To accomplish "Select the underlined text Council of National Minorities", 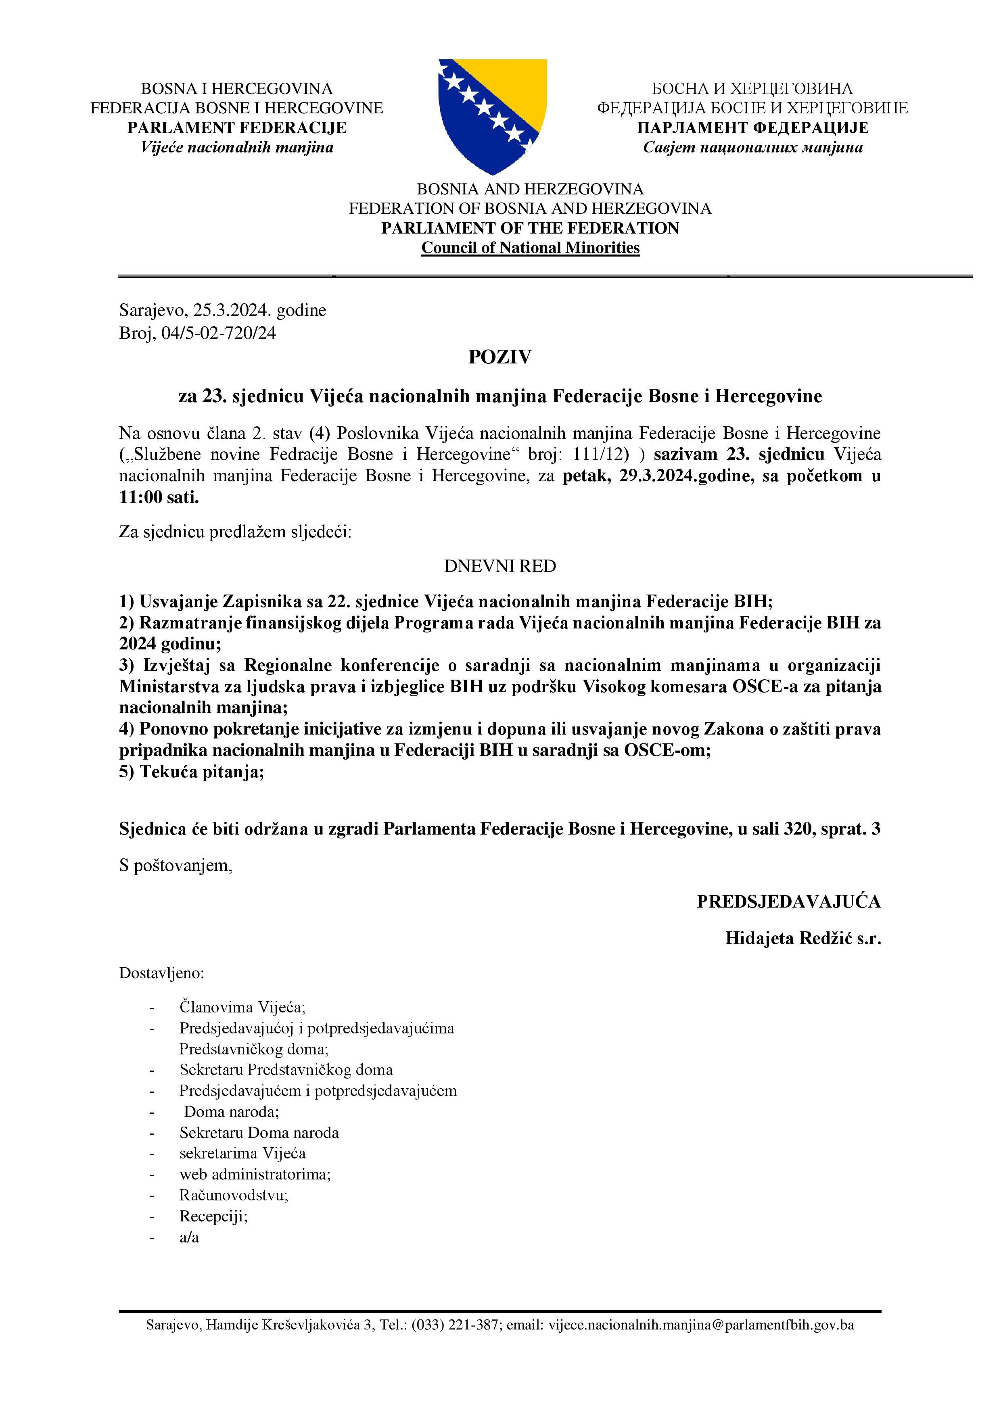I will [530, 248].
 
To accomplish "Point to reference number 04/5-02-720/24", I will [219, 334].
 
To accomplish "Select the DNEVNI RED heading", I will [500, 566].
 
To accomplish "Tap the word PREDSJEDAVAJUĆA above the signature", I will [788, 902].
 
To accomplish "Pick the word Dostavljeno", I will [161, 974].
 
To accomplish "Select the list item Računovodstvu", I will [234, 1196].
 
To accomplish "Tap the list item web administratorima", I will [255, 1174].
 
